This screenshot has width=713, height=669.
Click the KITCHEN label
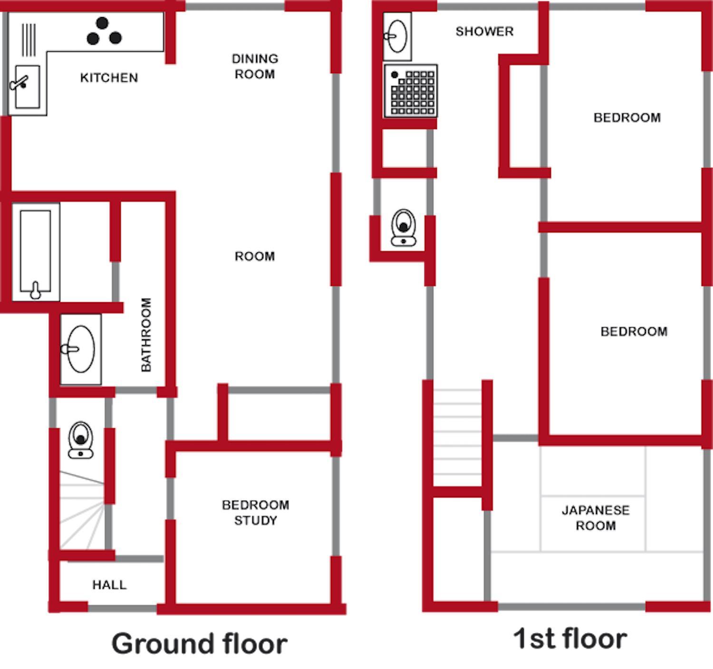click(109, 77)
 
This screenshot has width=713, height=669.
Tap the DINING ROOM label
click(255, 67)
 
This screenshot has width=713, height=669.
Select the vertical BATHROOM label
click(146, 334)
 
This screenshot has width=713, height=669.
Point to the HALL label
click(109, 584)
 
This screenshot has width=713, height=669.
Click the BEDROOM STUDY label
click(256, 513)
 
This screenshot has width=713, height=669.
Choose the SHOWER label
click(485, 31)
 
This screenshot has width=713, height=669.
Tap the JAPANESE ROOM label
click(596, 517)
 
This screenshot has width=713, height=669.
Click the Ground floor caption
click(200, 644)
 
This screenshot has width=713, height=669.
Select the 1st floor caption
click(570, 639)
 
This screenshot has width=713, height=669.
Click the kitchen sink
click(27, 86)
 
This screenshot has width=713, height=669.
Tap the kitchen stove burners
click(104, 31)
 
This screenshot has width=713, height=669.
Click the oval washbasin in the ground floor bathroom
click(81, 349)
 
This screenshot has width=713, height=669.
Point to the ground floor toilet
click(81, 440)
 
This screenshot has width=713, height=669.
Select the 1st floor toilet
click(404, 228)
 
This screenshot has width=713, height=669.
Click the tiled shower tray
click(411, 91)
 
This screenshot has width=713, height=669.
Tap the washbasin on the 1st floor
click(397, 36)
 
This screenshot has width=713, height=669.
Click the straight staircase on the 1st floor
click(457, 437)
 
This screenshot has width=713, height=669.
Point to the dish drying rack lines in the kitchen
click(29, 40)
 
